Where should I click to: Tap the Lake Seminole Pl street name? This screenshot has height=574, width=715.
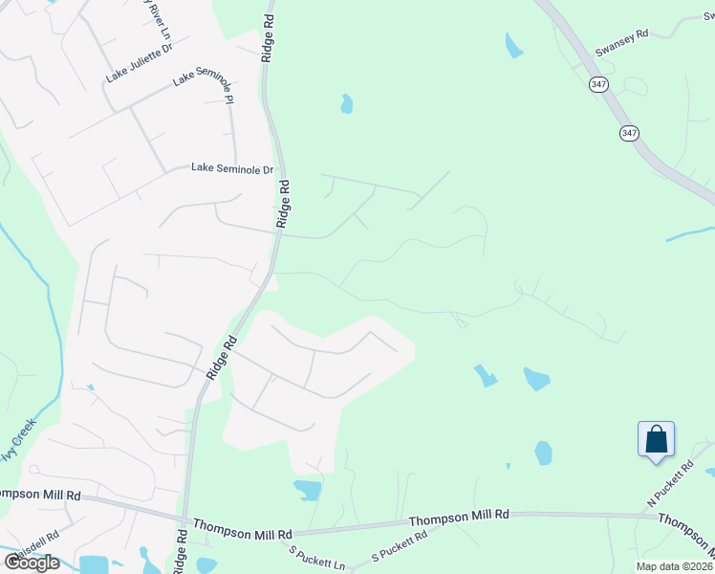point(204,85)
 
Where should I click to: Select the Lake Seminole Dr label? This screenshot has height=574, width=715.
point(232,168)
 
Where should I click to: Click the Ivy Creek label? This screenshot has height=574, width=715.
point(18,439)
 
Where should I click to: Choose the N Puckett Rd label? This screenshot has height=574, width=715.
point(669,483)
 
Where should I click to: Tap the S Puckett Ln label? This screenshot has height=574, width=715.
point(317,558)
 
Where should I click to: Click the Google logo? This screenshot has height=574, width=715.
point(32,562)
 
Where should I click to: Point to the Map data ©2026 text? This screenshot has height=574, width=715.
point(673,566)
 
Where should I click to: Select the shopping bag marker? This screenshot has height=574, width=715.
point(656,440)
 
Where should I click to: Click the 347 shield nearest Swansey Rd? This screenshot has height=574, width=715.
point(598,85)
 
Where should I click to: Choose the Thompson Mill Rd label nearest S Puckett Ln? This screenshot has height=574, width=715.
point(243,528)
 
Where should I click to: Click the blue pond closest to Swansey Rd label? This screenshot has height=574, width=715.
point(514,44)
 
